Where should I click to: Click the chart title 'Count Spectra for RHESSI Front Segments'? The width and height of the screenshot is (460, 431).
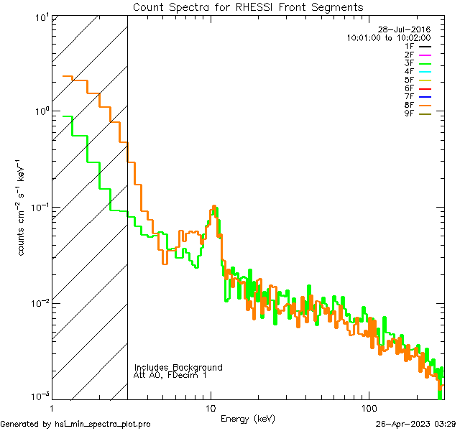pos(248,7)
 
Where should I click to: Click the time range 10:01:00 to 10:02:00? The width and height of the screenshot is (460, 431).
pos(388,37)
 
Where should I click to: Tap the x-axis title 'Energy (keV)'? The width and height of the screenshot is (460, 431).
pos(247,418)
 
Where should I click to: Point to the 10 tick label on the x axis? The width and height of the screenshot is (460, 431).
pos(211,407)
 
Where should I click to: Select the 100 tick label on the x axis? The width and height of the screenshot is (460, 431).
pos(369,407)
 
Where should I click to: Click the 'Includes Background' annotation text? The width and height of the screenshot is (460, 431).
pos(178,368)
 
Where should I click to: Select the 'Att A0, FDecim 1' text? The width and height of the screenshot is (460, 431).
pos(170,376)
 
